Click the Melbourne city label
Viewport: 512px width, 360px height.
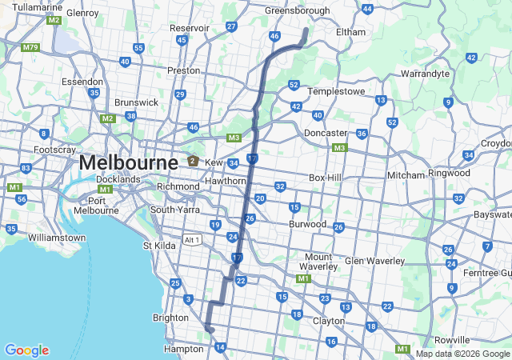tap(128, 162)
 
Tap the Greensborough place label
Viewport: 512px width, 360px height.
tap(297, 11)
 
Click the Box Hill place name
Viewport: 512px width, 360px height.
tap(326, 178)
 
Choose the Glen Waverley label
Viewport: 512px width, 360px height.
tap(370, 261)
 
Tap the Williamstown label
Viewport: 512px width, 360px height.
tap(56, 238)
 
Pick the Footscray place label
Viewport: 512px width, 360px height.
tap(55, 150)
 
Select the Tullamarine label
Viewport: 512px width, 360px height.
tap(38, 7)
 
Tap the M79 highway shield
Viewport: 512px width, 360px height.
tap(30, 47)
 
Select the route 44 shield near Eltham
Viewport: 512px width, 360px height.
tap(367, 9)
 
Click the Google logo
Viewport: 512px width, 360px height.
tap(26, 350)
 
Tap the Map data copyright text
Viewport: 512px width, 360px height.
tap(462, 354)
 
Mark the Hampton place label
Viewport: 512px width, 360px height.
tap(183, 349)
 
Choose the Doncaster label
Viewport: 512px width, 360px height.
tap(326, 133)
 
